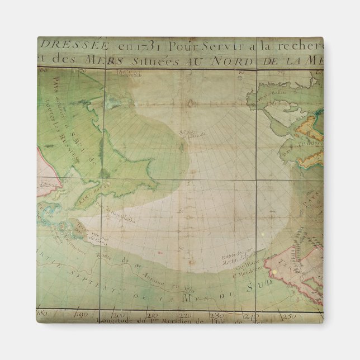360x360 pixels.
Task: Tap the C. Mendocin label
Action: pyautogui.click(x=241, y=272)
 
